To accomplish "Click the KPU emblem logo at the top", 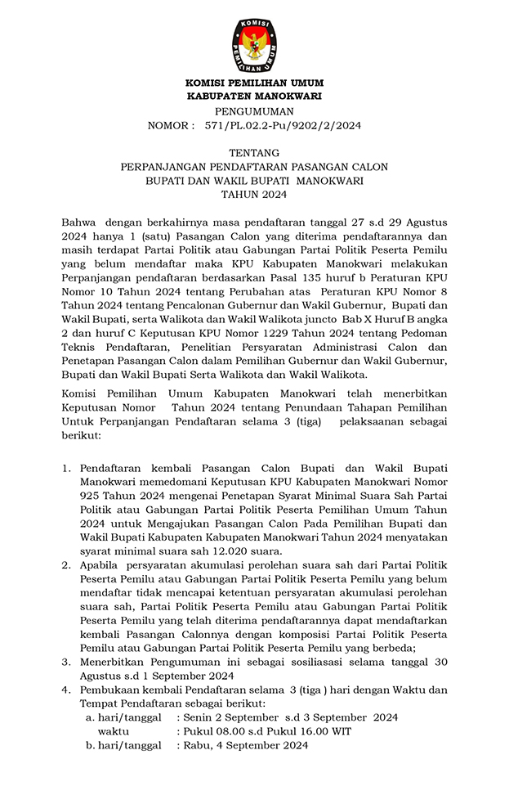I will (x=254, y=44).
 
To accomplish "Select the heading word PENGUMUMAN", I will (x=254, y=111).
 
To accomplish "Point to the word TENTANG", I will (x=254, y=152).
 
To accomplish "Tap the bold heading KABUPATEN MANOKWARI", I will (x=254, y=96).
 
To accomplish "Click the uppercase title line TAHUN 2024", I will (x=254, y=194).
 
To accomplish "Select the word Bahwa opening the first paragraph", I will (x=78, y=222).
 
